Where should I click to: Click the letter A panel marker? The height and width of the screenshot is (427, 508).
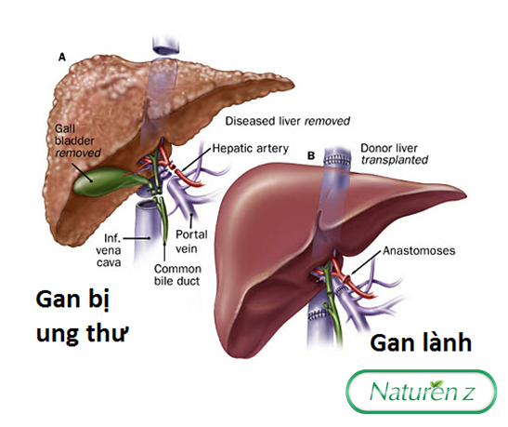click(x=61, y=58)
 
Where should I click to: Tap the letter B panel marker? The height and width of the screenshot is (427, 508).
click(x=311, y=155)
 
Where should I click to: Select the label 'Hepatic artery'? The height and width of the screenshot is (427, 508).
click(x=251, y=148)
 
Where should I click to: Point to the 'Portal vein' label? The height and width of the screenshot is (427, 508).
click(x=191, y=241)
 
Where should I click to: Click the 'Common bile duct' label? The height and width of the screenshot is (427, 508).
click(x=177, y=274)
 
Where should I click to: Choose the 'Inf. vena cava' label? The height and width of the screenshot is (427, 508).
click(x=109, y=250)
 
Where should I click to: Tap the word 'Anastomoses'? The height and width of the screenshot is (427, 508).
click(x=419, y=250)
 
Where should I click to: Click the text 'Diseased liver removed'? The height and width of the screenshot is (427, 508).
click(x=288, y=121)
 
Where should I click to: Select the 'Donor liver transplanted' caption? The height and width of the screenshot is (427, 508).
click(x=395, y=153)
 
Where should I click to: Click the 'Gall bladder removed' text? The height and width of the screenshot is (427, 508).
click(x=78, y=140)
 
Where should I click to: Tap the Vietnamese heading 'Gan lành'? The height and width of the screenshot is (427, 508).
click(x=421, y=343)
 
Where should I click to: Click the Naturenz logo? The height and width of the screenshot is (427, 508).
click(x=422, y=392)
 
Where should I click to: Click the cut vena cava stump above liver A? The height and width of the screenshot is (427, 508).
click(x=165, y=45)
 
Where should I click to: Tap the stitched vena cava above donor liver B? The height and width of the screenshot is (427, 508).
click(x=338, y=158)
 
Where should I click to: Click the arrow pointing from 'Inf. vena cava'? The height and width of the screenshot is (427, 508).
click(x=137, y=238)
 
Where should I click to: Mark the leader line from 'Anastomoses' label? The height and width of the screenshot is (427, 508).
click(x=366, y=262)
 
